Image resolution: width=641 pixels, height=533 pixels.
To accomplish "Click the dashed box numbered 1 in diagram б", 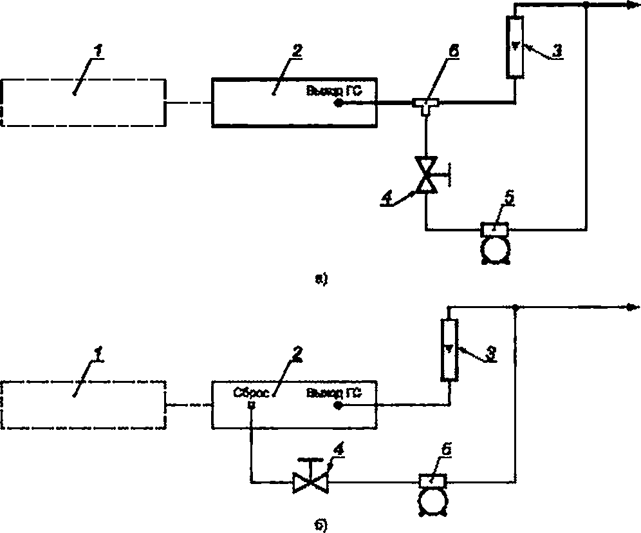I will pos(84,405).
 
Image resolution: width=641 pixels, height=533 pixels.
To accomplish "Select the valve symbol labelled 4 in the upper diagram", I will pos(425,174).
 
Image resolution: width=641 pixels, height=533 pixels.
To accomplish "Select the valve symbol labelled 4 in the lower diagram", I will pos(309,481).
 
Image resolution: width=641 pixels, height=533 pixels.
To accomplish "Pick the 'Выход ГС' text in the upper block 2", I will pos(335,90).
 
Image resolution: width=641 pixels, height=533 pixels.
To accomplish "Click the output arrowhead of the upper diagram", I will pos(631,5).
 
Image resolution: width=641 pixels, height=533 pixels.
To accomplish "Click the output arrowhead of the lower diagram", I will pos(631,307).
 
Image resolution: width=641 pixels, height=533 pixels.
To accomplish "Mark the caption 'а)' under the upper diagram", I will pos(321,279).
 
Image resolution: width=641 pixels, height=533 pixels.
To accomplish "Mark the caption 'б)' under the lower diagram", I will pos(321,525).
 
